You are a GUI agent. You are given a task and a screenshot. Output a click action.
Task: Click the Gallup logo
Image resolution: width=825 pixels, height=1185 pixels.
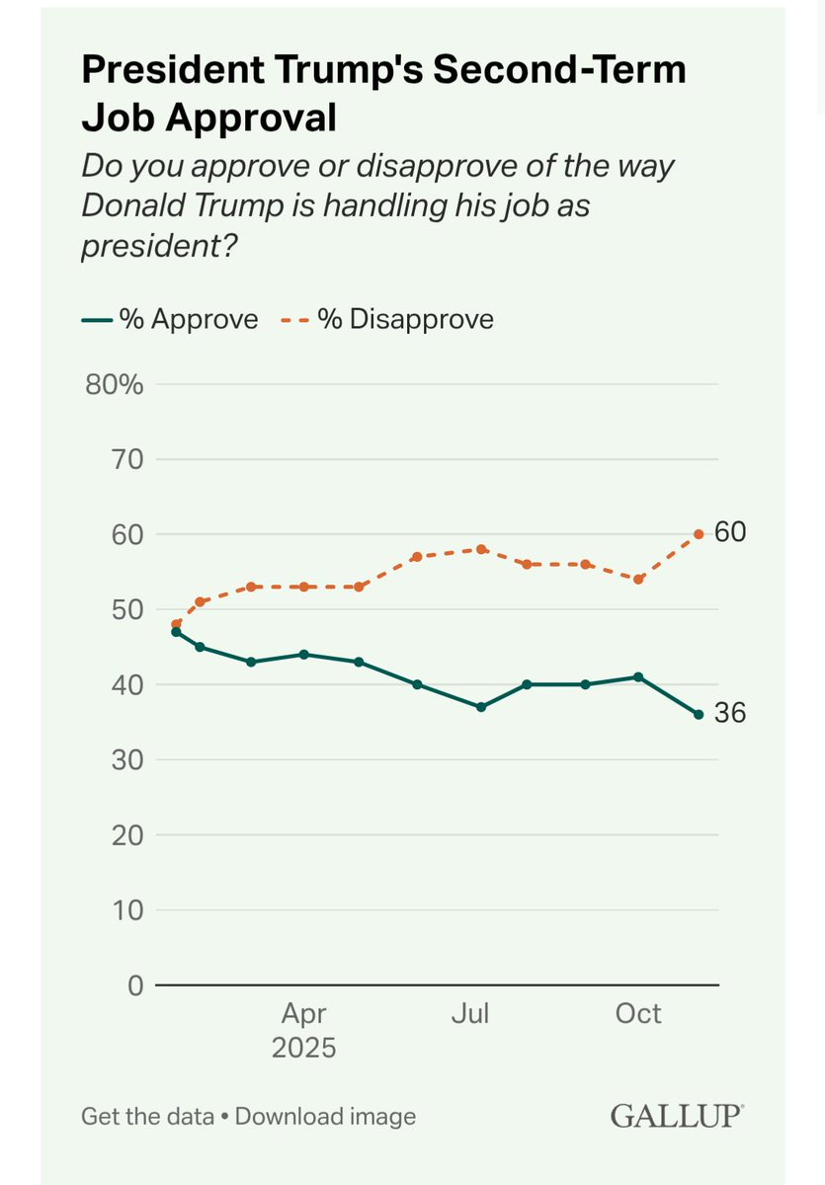[x=677, y=1116]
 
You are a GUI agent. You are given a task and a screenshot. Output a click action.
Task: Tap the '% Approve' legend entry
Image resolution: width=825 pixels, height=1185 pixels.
[x=169, y=319]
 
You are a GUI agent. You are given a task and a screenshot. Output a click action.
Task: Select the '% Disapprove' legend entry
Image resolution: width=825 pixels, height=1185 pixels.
[x=392, y=319]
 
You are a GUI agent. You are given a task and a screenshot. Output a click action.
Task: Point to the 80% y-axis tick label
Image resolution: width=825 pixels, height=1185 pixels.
[x=115, y=384]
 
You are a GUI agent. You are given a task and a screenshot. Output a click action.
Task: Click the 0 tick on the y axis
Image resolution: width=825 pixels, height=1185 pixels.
[x=134, y=985]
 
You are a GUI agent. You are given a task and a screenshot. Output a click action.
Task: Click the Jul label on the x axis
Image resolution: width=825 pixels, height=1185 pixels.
[x=470, y=1014]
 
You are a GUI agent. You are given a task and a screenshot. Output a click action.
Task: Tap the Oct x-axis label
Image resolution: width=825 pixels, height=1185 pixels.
[x=638, y=1014]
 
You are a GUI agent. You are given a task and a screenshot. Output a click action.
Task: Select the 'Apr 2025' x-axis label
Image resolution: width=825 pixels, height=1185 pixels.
[x=303, y=1030]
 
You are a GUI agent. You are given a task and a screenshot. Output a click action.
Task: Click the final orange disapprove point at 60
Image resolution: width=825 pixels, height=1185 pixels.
[x=699, y=534]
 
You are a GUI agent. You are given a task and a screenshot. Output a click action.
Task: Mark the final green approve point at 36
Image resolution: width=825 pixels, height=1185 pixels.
[x=699, y=714]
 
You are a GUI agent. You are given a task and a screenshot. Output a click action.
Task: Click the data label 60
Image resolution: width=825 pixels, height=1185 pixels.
[x=729, y=532]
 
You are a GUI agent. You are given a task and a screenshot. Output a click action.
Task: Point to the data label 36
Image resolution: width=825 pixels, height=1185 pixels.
[x=729, y=712]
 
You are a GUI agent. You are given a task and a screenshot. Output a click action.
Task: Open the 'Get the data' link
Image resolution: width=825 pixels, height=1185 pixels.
[x=147, y=1117]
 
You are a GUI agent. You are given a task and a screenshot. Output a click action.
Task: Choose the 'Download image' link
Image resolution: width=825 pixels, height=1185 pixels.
[x=325, y=1117]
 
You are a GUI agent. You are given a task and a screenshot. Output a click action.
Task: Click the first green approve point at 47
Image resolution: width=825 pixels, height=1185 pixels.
[x=176, y=631]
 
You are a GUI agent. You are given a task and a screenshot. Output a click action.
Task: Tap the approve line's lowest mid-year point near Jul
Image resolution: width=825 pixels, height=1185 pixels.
[x=481, y=707]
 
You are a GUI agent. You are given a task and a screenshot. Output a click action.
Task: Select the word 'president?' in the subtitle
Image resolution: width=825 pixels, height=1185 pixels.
[x=159, y=246]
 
